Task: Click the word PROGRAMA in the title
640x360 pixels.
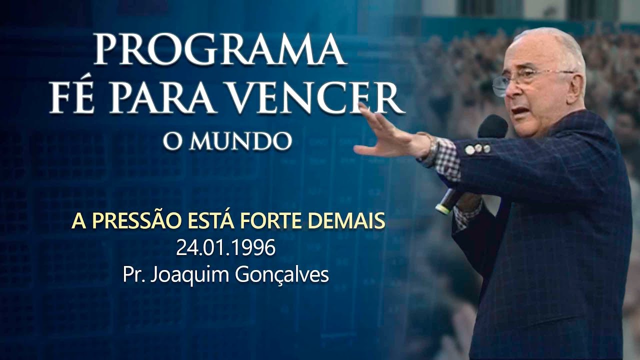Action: [x=220, y=50]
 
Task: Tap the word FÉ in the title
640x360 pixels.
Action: [x=75, y=98]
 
